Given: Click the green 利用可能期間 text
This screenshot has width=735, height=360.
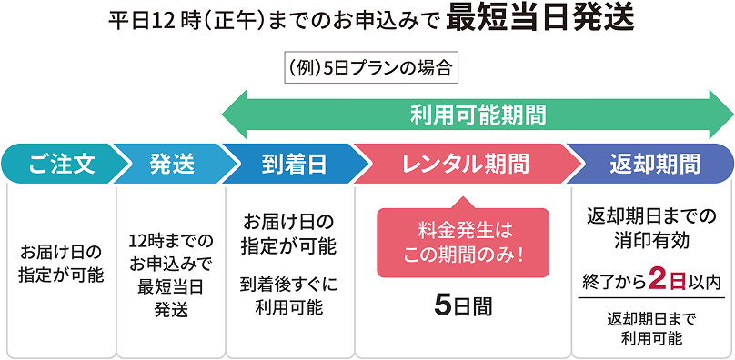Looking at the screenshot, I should click(478, 115).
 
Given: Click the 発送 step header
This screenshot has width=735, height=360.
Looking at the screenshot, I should click(171, 164).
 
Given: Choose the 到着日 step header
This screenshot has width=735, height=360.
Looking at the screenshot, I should click(287, 164).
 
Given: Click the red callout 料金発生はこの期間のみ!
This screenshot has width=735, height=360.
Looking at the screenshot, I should click(463, 242).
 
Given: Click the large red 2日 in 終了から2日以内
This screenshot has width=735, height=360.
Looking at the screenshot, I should click(659, 281).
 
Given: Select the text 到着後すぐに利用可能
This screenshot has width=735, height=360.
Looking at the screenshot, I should click(288, 295).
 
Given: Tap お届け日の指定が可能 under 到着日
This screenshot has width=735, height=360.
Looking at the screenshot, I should click(288, 233).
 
